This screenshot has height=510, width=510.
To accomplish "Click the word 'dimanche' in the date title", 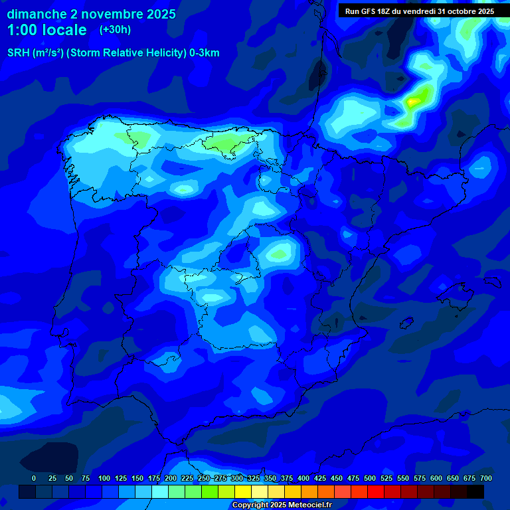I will click(x=37, y=14).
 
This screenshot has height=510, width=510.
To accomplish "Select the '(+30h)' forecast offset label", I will click(x=115, y=30).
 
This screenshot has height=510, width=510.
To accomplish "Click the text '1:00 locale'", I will click(x=46, y=30).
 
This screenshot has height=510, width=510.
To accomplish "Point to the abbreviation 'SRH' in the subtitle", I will click(x=19, y=53).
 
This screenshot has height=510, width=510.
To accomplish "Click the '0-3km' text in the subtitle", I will click(x=204, y=53).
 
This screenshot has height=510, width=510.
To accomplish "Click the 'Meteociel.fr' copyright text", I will click(x=305, y=505).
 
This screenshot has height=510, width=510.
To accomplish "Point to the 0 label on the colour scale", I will click(x=34, y=478).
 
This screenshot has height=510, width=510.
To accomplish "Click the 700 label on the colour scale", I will click(x=485, y=478).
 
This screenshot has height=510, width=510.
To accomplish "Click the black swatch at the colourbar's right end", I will click(x=475, y=491).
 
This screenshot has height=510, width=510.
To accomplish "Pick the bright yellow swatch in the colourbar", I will click(x=243, y=491).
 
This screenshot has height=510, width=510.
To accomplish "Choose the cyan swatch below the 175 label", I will click(x=160, y=491).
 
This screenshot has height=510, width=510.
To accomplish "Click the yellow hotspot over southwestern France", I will click(x=414, y=101).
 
